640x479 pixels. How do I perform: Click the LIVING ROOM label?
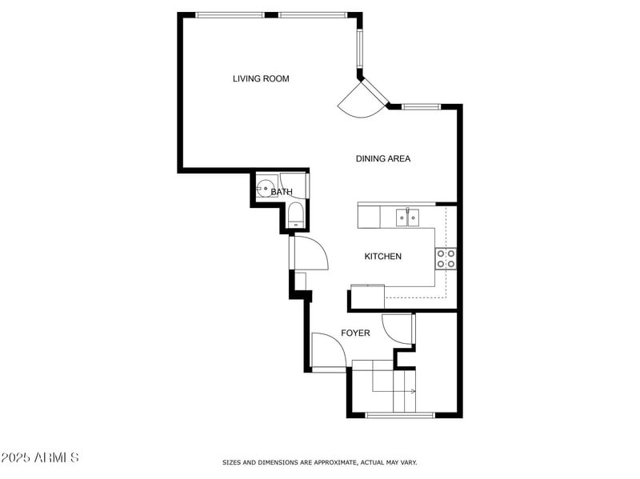coord(261,78)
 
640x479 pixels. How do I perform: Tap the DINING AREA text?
coord(382,158)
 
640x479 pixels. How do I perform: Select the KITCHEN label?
coord(382,256)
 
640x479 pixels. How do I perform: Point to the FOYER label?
coord(355,333)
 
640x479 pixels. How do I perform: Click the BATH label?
coord(281,192)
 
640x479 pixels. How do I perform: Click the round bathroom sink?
coord(265,190)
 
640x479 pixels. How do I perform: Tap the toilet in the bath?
coord(294,214)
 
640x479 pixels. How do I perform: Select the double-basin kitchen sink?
coord(408,215)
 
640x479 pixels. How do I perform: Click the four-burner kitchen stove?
coord(446,257)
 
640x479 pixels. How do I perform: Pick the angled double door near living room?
coord(362,100)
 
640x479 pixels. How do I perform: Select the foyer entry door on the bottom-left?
coord(328,352)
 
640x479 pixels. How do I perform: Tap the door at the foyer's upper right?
coord(397,328)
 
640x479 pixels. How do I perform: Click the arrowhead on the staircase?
coord(412,391)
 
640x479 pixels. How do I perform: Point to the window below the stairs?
coord(399,414)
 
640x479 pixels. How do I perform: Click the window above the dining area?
coord(421,106)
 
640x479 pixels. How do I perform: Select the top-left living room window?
coord(230,14)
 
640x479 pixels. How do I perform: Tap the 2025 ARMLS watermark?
coord(40,457)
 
